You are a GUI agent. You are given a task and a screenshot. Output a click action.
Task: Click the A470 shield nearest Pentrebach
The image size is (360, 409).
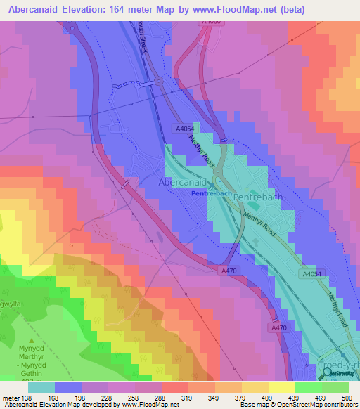[x=229, y=271]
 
